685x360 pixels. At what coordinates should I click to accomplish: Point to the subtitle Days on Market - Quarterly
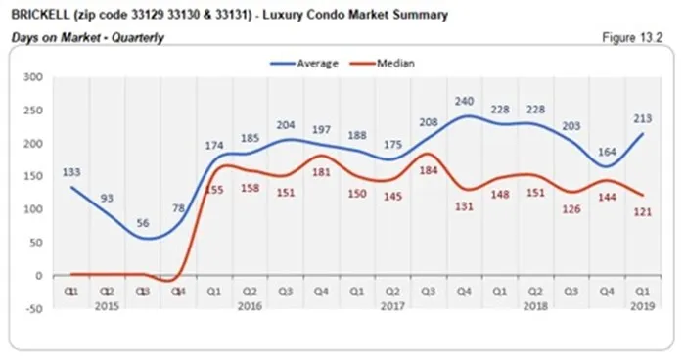click(x=87, y=37)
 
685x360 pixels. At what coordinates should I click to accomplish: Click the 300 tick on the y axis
click(x=32, y=77)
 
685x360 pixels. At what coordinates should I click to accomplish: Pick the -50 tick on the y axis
click(x=32, y=309)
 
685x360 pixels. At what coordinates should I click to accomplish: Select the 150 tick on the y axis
click(x=32, y=176)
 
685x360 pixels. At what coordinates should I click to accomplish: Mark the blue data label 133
click(x=69, y=172)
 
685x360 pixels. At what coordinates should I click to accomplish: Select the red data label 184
click(x=429, y=170)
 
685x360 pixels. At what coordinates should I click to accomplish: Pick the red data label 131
click(x=463, y=205)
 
